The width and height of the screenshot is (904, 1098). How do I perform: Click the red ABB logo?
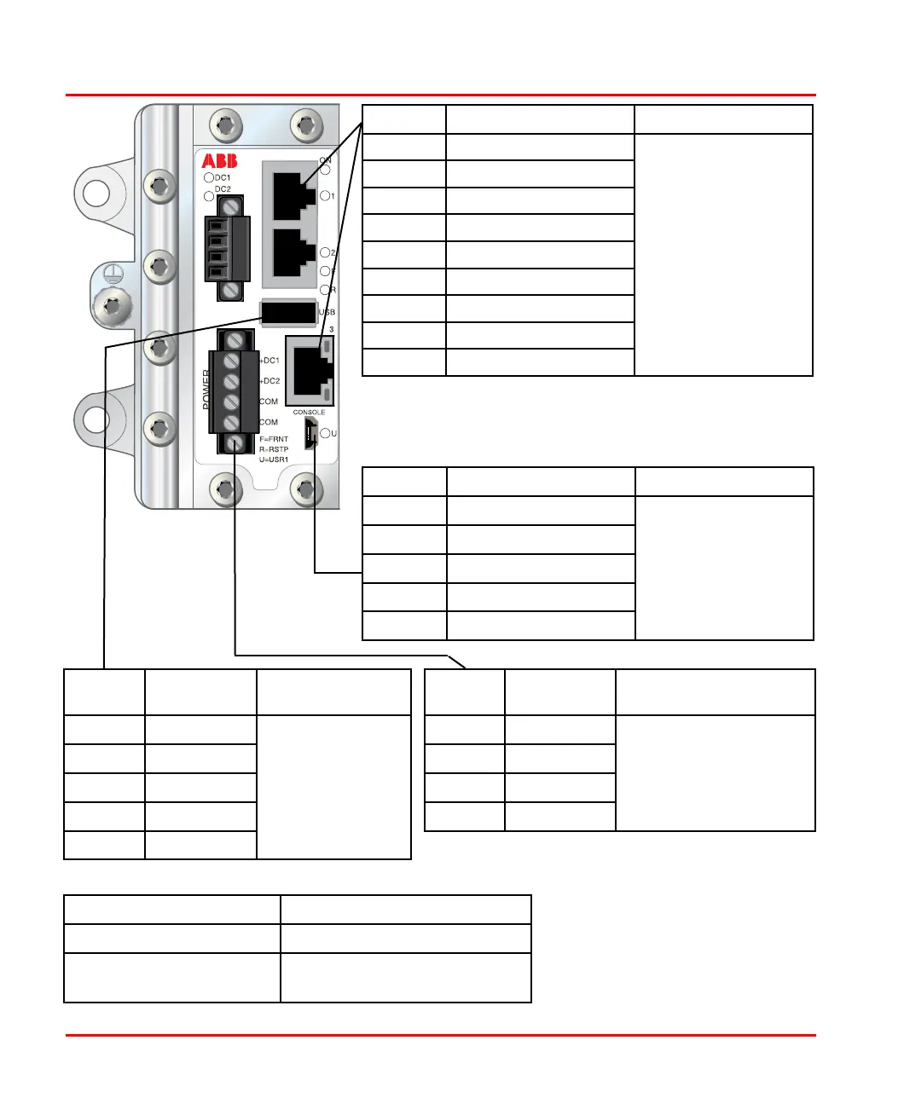pyautogui.click(x=219, y=161)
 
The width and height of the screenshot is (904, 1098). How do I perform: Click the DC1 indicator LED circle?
pyautogui.click(x=208, y=178)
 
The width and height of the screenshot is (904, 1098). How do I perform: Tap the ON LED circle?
pyautogui.click(x=325, y=170)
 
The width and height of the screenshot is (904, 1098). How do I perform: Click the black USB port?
pyautogui.click(x=287, y=313)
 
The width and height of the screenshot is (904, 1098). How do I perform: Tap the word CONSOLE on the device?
pyautogui.click(x=309, y=413)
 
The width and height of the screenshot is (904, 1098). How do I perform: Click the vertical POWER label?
pyautogui.click(x=206, y=390)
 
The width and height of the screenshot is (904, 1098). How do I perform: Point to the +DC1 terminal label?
pyautogui.click(x=269, y=361)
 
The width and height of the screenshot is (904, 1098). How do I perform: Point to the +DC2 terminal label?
pyautogui.click(x=269, y=381)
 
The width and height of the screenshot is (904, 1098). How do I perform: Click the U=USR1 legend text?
pyautogui.click(x=274, y=459)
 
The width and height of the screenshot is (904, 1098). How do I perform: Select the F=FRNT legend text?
pyautogui.click(x=274, y=439)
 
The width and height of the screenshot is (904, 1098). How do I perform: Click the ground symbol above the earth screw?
pyautogui.click(x=112, y=274)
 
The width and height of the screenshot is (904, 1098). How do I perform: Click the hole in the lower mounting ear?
pyautogui.click(x=94, y=418)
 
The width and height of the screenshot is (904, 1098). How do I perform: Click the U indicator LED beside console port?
pyautogui.click(x=326, y=434)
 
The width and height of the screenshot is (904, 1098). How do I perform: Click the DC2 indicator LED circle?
pyautogui.click(x=208, y=196)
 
